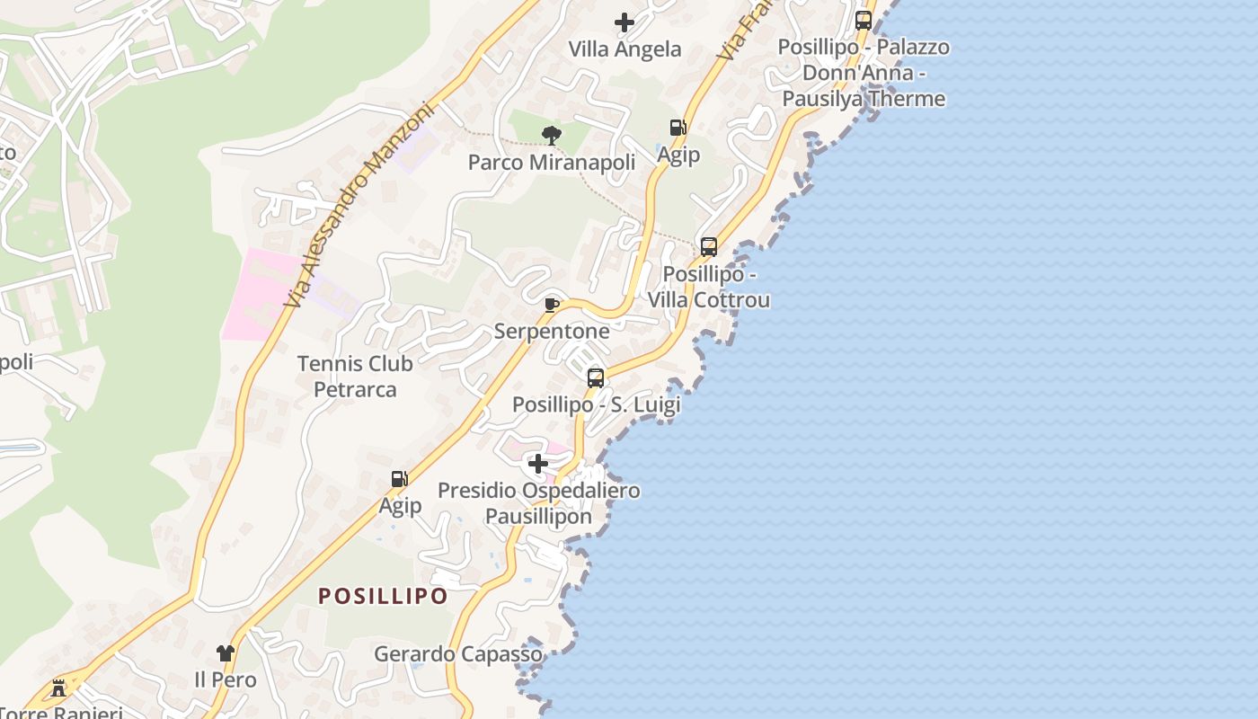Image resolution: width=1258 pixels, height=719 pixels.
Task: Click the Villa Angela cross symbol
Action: (x=625, y=22)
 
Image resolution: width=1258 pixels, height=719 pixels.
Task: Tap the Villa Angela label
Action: (x=625, y=49)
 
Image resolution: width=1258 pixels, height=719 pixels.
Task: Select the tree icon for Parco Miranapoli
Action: (x=552, y=136)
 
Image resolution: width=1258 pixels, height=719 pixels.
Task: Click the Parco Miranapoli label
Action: (x=552, y=163)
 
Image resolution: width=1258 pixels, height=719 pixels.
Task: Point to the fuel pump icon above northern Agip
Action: (x=678, y=128)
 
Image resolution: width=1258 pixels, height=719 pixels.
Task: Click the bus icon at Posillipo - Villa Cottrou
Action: (x=709, y=246)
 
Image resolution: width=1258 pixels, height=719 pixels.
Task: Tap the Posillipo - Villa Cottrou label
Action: (x=709, y=287)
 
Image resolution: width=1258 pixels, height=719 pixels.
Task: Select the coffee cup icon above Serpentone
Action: (x=552, y=306)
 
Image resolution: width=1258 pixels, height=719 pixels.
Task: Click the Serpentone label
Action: (x=552, y=332)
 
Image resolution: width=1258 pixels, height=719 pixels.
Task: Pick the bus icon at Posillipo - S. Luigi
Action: (x=596, y=377)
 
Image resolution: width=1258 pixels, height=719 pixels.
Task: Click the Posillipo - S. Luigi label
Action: (x=596, y=404)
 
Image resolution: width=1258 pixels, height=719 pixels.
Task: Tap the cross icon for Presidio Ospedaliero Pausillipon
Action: (x=538, y=464)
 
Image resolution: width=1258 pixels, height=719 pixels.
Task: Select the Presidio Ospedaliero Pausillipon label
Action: (x=538, y=503)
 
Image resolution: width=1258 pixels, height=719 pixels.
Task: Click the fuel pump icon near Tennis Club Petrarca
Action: (x=399, y=479)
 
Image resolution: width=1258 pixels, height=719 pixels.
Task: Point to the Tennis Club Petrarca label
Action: (x=355, y=377)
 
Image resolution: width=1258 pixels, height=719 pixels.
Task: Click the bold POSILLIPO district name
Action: (x=383, y=596)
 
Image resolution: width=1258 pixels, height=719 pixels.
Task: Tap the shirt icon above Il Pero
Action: (x=225, y=653)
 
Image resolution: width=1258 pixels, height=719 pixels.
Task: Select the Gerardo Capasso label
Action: (x=458, y=654)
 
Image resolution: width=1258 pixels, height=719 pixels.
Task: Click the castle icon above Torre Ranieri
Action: (x=59, y=688)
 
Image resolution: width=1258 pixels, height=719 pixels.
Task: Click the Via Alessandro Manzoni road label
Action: (x=359, y=205)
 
